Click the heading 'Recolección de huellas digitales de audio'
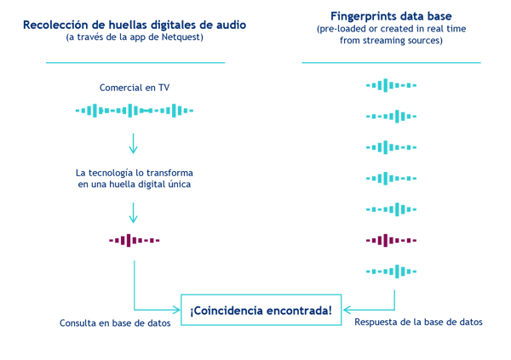pos(135,24)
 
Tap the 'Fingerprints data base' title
pos(391,16)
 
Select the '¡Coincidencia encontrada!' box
pos(261,311)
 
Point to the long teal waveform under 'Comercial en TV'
pos(135,111)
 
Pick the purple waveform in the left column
pos(135,241)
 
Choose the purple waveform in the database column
pos(391,240)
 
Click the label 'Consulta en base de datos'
pos(107,323)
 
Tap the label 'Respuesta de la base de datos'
pos(418,323)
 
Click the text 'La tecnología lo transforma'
pos(135,173)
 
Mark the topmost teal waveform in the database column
pos(391,85)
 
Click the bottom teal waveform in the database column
pos(391,271)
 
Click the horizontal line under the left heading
pos(135,62)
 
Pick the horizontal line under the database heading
pos(391,62)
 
